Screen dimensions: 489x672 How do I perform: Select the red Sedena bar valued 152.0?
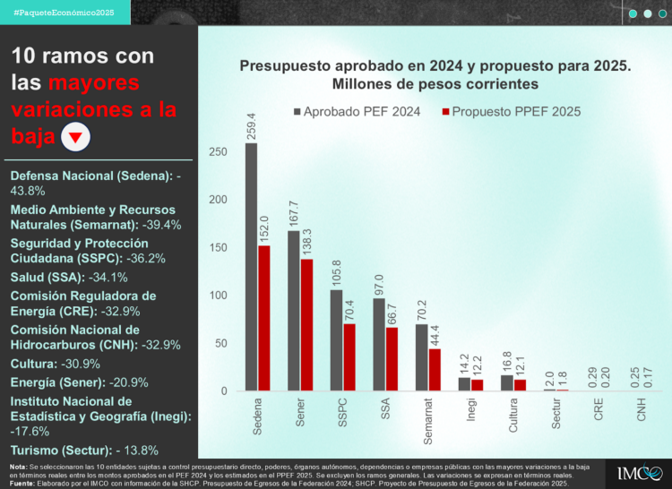[x=263, y=318]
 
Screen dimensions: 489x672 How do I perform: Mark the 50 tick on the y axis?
[x=220, y=343]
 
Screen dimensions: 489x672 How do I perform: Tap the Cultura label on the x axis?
[x=513, y=416]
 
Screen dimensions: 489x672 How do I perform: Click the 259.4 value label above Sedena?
[x=251, y=126]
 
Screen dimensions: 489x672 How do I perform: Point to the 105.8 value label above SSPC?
[x=336, y=273]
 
